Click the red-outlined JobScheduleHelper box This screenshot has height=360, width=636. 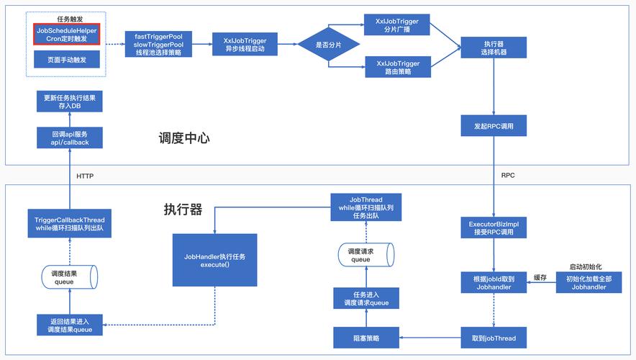[x=66, y=35]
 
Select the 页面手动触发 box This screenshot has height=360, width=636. [x=66, y=60]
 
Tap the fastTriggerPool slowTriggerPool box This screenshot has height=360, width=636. [x=158, y=44]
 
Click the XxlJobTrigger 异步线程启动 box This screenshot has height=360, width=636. [x=240, y=45]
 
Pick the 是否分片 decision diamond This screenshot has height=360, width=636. [x=328, y=45]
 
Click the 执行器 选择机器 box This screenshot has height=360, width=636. [x=493, y=48]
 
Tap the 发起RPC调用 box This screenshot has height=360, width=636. [x=493, y=126]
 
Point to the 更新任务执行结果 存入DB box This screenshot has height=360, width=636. [x=70, y=102]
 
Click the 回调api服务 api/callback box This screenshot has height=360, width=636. [x=70, y=138]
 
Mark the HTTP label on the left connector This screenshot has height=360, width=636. [x=85, y=176]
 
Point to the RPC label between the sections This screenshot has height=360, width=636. [x=508, y=175]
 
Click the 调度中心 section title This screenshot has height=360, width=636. [x=184, y=138]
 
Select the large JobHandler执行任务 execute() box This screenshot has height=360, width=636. [x=214, y=259]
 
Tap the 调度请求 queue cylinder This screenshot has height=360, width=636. [x=366, y=255]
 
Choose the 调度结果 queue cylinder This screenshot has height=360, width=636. [x=69, y=277]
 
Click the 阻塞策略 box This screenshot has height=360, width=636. [x=366, y=337]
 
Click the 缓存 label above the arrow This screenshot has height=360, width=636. [x=540, y=277]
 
